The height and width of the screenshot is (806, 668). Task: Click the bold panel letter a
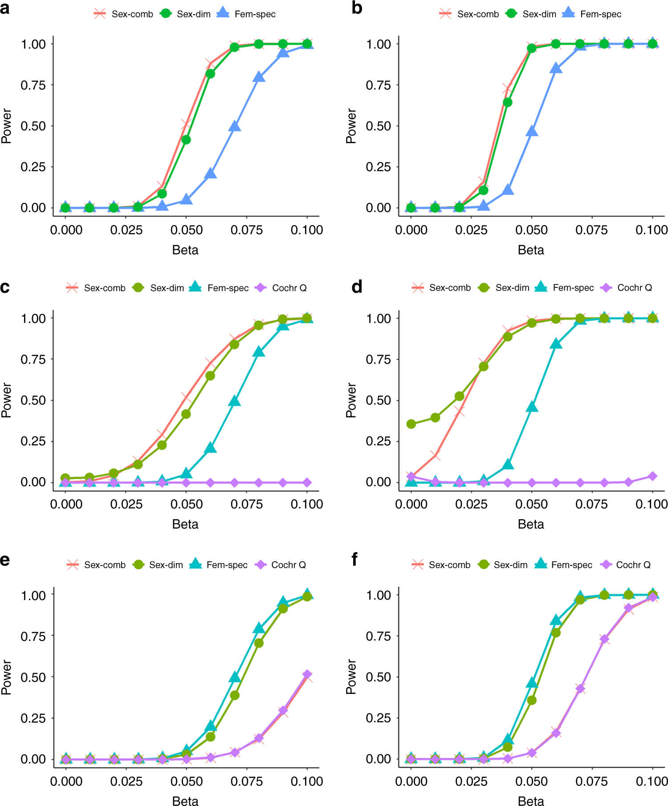(x=5, y=8)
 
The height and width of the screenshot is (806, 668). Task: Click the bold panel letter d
(x=357, y=287)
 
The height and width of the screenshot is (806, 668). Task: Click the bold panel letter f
(x=354, y=560)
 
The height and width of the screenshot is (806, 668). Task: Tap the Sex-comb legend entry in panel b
(x=469, y=14)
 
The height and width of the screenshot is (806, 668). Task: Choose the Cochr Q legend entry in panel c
(x=281, y=288)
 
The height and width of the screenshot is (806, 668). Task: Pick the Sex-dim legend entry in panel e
(x=158, y=565)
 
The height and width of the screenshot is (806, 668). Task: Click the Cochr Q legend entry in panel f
(x=625, y=565)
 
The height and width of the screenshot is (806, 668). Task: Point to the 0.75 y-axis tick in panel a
(x=33, y=85)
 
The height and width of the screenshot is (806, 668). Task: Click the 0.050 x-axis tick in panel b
(x=531, y=230)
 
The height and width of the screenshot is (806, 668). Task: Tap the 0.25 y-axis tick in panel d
(x=378, y=441)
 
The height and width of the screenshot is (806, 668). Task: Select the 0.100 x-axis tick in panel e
(x=306, y=782)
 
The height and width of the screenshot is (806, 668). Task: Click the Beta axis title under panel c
(x=185, y=524)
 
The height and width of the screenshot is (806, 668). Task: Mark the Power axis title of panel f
(x=351, y=677)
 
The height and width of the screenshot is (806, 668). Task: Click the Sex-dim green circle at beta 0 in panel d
(x=411, y=424)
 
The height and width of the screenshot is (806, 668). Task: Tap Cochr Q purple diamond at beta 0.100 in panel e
(x=307, y=675)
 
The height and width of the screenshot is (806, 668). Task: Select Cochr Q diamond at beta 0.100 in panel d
(x=652, y=476)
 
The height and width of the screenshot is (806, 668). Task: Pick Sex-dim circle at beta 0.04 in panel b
(x=507, y=102)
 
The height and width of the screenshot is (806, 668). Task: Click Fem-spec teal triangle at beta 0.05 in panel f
(x=532, y=683)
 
